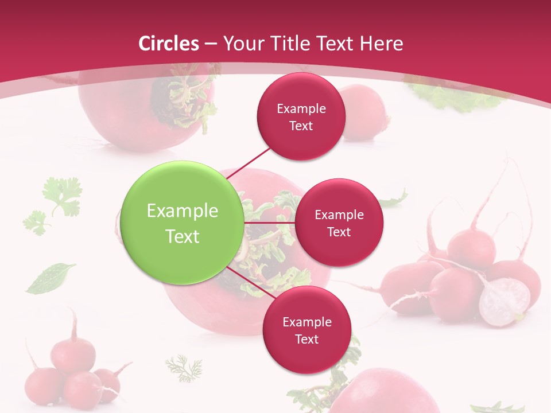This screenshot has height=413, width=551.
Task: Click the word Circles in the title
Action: point(169,44)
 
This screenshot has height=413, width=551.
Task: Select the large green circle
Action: point(183,223)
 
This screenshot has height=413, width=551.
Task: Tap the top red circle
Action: point(301,116)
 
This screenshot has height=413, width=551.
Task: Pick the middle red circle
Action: point(339,223)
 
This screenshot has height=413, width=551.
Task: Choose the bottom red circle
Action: point(306,330)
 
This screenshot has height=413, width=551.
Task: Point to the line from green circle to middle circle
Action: point(270,222)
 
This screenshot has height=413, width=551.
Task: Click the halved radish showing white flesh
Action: point(504,302)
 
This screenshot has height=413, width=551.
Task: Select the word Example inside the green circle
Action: point(183,211)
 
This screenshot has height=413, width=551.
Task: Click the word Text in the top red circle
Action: point(301,126)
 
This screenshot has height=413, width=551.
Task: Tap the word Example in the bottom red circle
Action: point(306,322)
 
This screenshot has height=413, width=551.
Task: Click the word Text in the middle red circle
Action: point(339,232)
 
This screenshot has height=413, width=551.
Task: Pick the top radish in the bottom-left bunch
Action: point(73,353)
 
